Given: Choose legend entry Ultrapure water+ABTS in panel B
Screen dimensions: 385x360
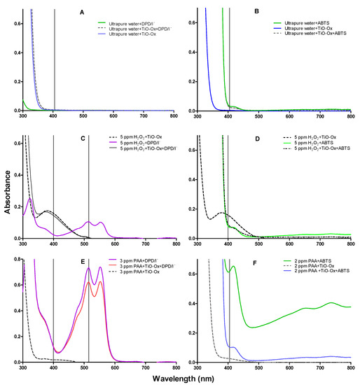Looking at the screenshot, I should pyautogui.click(x=309, y=22).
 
